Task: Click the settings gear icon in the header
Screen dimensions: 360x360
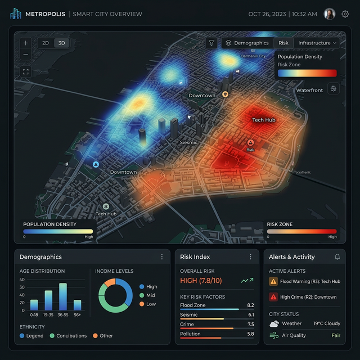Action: (345, 14)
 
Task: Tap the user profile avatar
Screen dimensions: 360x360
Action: (330, 14)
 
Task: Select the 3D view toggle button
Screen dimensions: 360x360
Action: (62, 43)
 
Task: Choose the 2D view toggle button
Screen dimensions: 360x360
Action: (46, 43)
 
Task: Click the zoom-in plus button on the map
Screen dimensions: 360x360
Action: (26, 43)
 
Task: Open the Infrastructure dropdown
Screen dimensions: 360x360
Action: (317, 43)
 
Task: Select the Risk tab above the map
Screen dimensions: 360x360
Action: (283, 43)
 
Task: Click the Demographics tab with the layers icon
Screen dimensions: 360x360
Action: (247, 43)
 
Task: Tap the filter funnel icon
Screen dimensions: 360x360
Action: (211, 43)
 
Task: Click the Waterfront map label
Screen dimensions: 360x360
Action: (309, 90)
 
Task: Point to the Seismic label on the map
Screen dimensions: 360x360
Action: (188, 142)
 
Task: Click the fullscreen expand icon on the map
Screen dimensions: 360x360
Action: (26, 71)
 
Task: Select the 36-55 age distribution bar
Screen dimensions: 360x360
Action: (63, 296)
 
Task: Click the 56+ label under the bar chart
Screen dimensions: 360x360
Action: (77, 315)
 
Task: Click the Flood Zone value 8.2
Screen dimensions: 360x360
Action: (250, 305)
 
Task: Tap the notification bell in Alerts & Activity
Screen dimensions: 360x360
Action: (337, 257)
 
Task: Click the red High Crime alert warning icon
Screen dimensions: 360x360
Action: (273, 296)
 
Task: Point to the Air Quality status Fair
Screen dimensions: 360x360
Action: (336, 335)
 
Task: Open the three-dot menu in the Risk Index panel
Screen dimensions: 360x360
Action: (251, 257)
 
